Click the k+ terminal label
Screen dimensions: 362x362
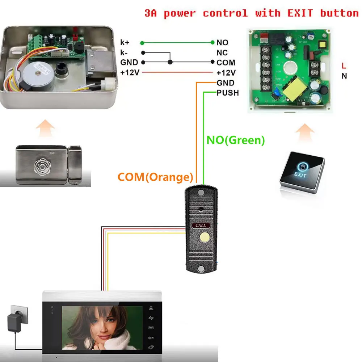125,43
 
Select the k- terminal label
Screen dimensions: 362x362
124,53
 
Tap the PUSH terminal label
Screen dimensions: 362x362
228,93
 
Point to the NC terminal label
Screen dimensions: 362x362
222,53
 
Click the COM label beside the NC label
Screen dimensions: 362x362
226,63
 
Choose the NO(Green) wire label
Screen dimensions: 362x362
236,140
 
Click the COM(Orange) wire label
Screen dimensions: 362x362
155,177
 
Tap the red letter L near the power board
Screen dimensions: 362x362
344,66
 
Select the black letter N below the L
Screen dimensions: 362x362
344,76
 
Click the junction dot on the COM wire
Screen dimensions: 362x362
170,62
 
